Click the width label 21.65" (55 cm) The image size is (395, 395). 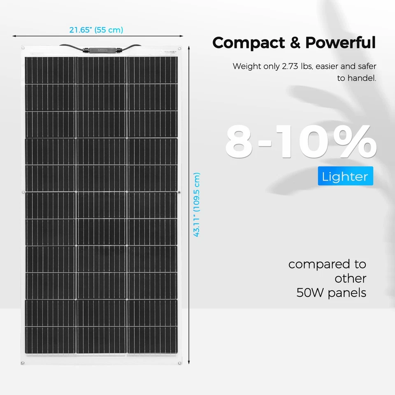tap(96, 30)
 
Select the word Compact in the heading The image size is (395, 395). tap(249, 43)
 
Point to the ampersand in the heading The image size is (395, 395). tap(295, 43)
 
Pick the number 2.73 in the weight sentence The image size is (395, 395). tap(292, 66)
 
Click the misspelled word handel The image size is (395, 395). tap(362, 78)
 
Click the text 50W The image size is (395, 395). tap(311, 293)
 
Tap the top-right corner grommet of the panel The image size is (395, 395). tap(180, 49)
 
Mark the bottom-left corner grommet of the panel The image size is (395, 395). tap(23, 363)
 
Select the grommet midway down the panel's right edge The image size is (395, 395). tap(180, 192)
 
